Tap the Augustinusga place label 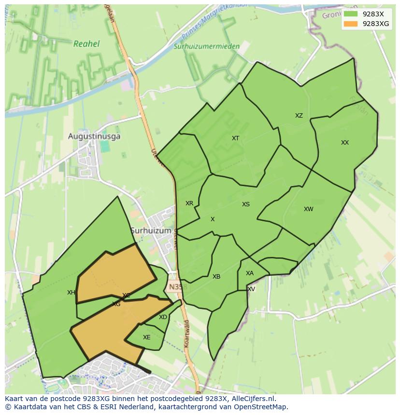(94, 136)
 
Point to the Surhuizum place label (151, 230)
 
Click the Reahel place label (86, 44)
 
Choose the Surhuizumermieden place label (206, 47)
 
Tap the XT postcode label (235, 138)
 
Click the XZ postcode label (299, 116)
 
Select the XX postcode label (345, 143)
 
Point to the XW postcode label (308, 209)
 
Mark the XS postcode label (246, 204)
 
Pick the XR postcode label (189, 203)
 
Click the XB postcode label (216, 277)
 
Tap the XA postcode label (249, 273)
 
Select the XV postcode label (251, 289)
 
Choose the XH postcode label (71, 293)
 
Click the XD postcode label (163, 317)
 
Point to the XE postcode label (147, 337)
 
